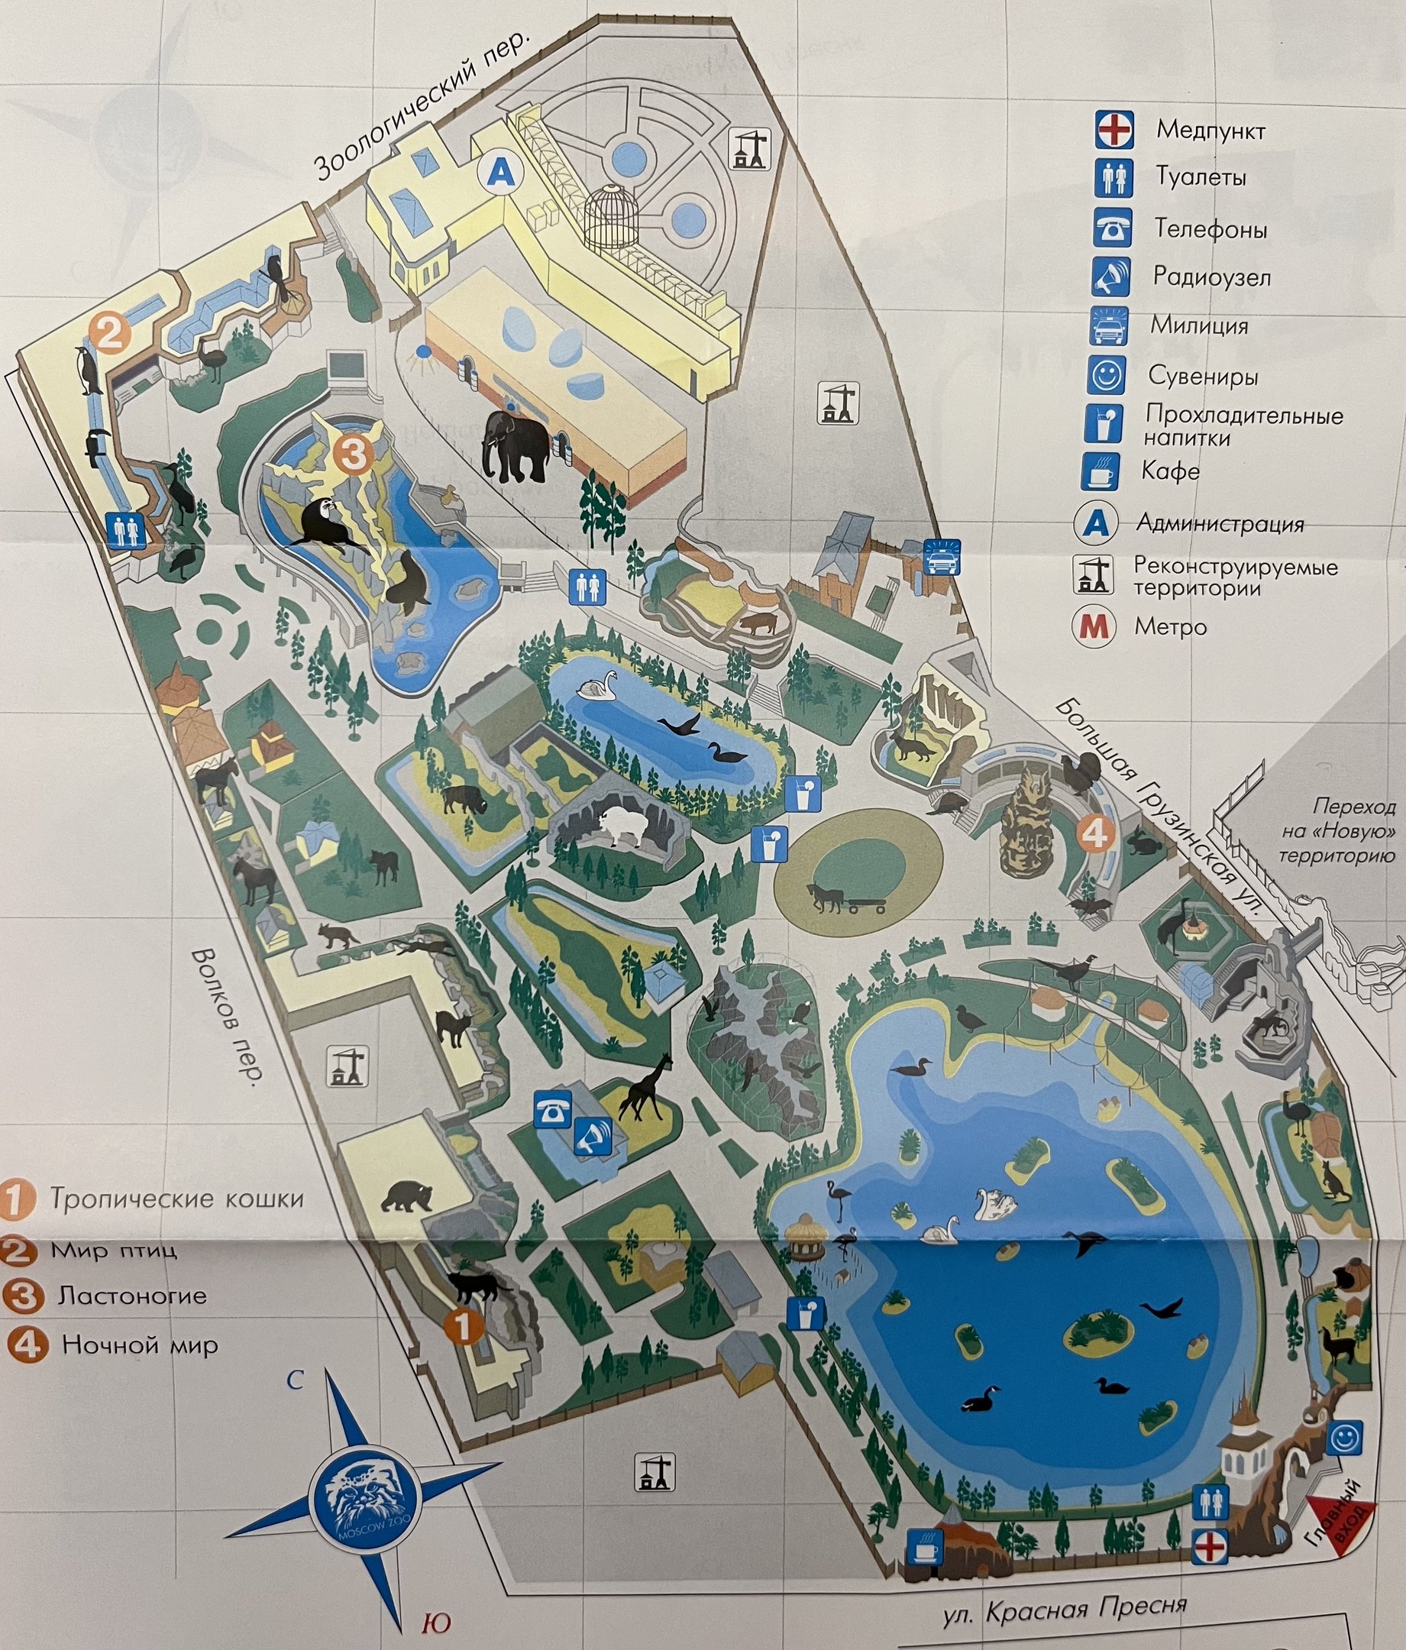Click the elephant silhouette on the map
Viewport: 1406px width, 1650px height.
(515, 448)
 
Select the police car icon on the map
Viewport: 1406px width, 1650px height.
(941, 557)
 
